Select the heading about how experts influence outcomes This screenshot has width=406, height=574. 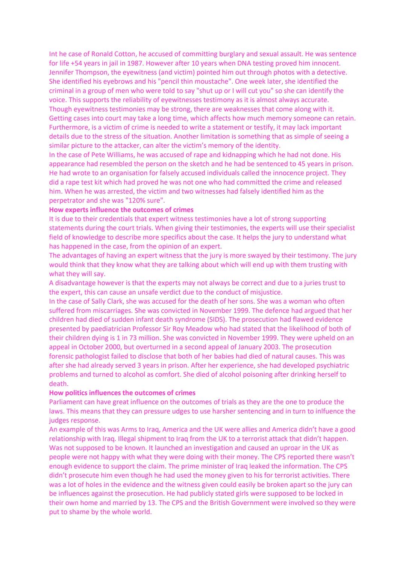coord(121,210)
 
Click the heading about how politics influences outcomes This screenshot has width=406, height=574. coord(122,393)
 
